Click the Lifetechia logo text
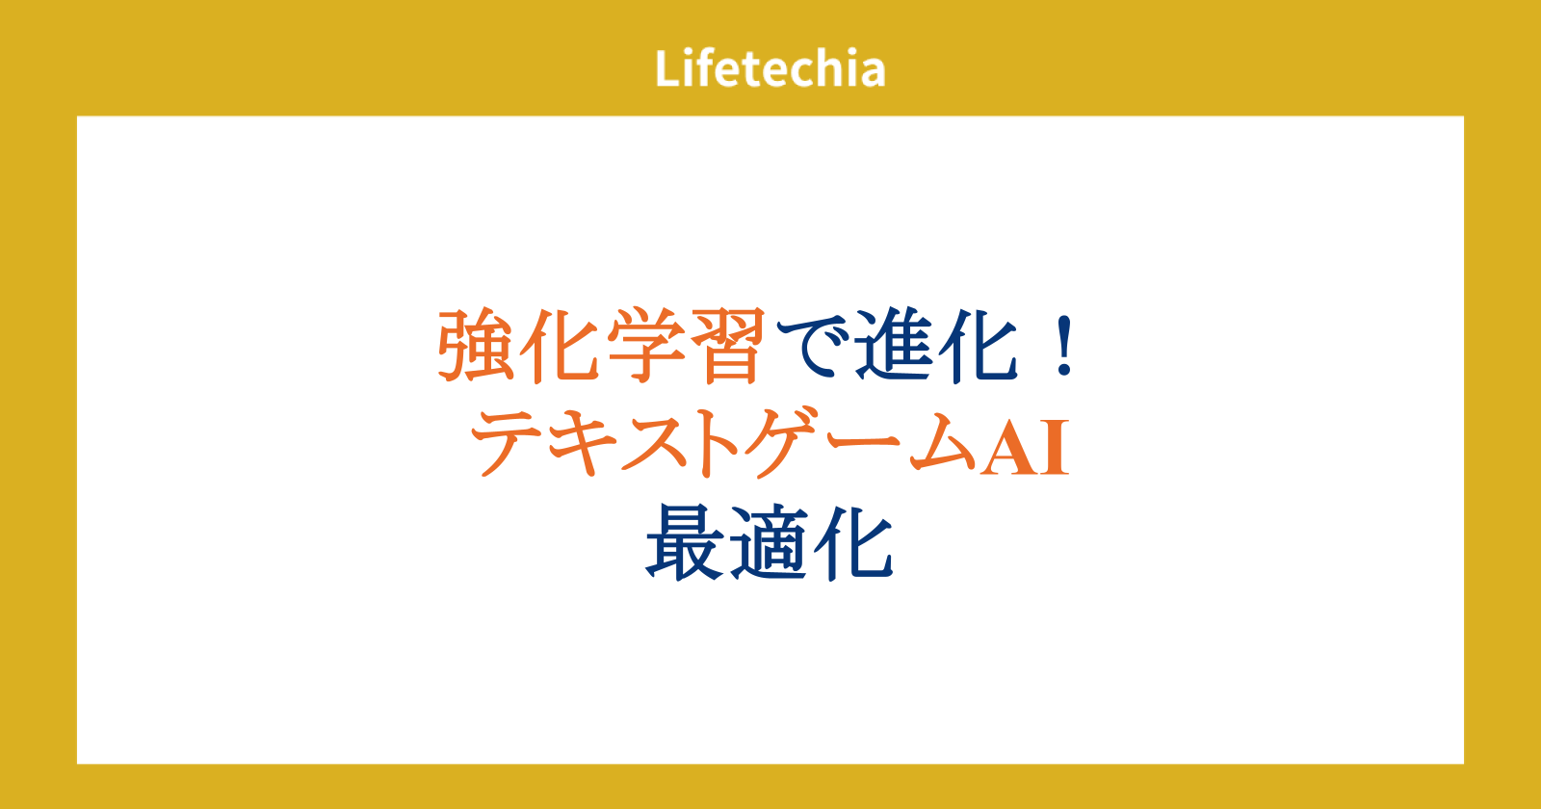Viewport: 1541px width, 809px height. coord(770,68)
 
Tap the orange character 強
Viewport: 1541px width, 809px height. coord(476,345)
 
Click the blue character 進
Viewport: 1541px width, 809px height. coord(895,345)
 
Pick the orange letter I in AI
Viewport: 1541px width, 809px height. coord(1055,448)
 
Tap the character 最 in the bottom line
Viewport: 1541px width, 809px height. coord(685,543)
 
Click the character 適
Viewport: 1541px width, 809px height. coord(769,543)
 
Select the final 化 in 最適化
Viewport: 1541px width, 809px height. coord(853,543)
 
